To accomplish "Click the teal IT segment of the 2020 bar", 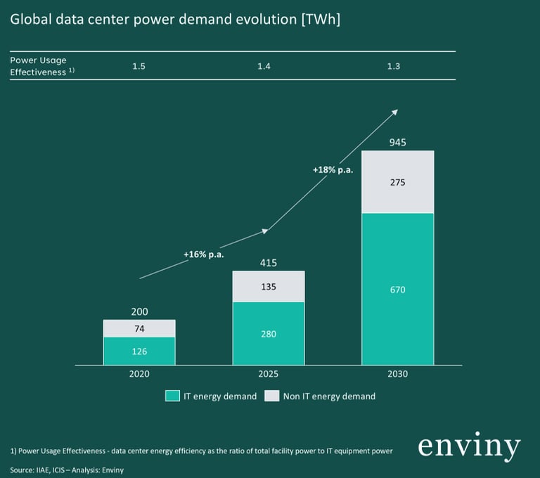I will tap(139, 351).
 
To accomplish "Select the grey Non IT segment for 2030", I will tap(397, 182).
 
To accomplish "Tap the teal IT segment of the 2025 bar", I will tap(269, 333).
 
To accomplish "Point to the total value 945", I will tap(397, 143).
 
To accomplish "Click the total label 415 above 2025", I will tap(269, 263).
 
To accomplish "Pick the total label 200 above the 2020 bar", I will tap(139, 311).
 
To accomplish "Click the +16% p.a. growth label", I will tap(203, 254).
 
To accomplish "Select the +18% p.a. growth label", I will tap(333, 169).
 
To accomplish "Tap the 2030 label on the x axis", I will tap(397, 374).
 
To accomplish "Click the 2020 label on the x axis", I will tap(139, 374).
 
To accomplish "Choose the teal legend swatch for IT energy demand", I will tap(172, 396).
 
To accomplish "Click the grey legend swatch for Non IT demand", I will tap(271, 396).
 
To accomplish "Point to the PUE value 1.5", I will tap(139, 66).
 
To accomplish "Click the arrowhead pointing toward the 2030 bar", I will tap(395, 111).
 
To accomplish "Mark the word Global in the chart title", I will tap(30, 20).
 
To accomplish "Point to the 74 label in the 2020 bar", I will tap(139, 328).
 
